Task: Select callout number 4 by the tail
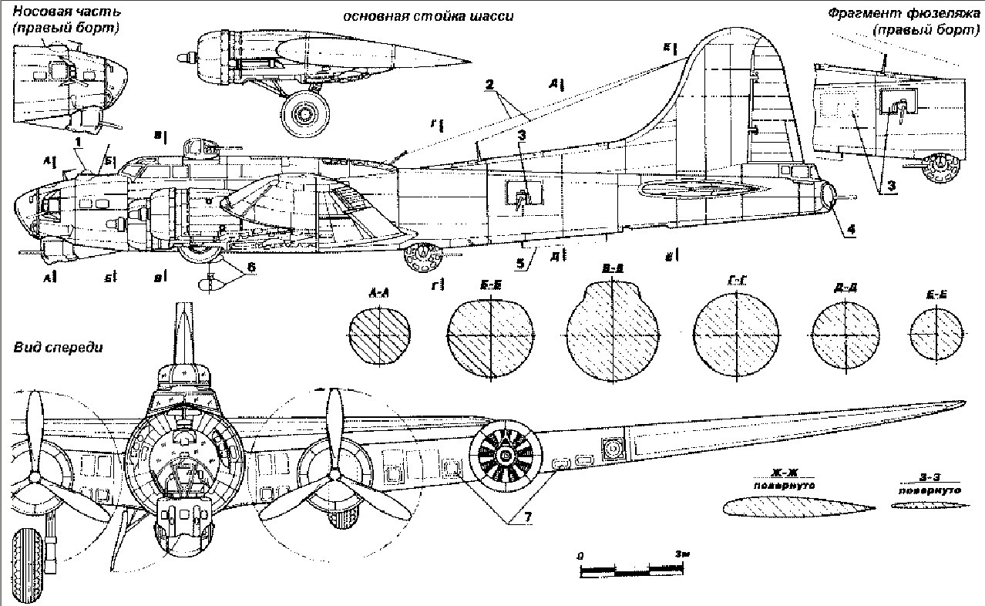click(x=851, y=228)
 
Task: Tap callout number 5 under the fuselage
click(x=522, y=263)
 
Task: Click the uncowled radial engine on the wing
click(x=505, y=456)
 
